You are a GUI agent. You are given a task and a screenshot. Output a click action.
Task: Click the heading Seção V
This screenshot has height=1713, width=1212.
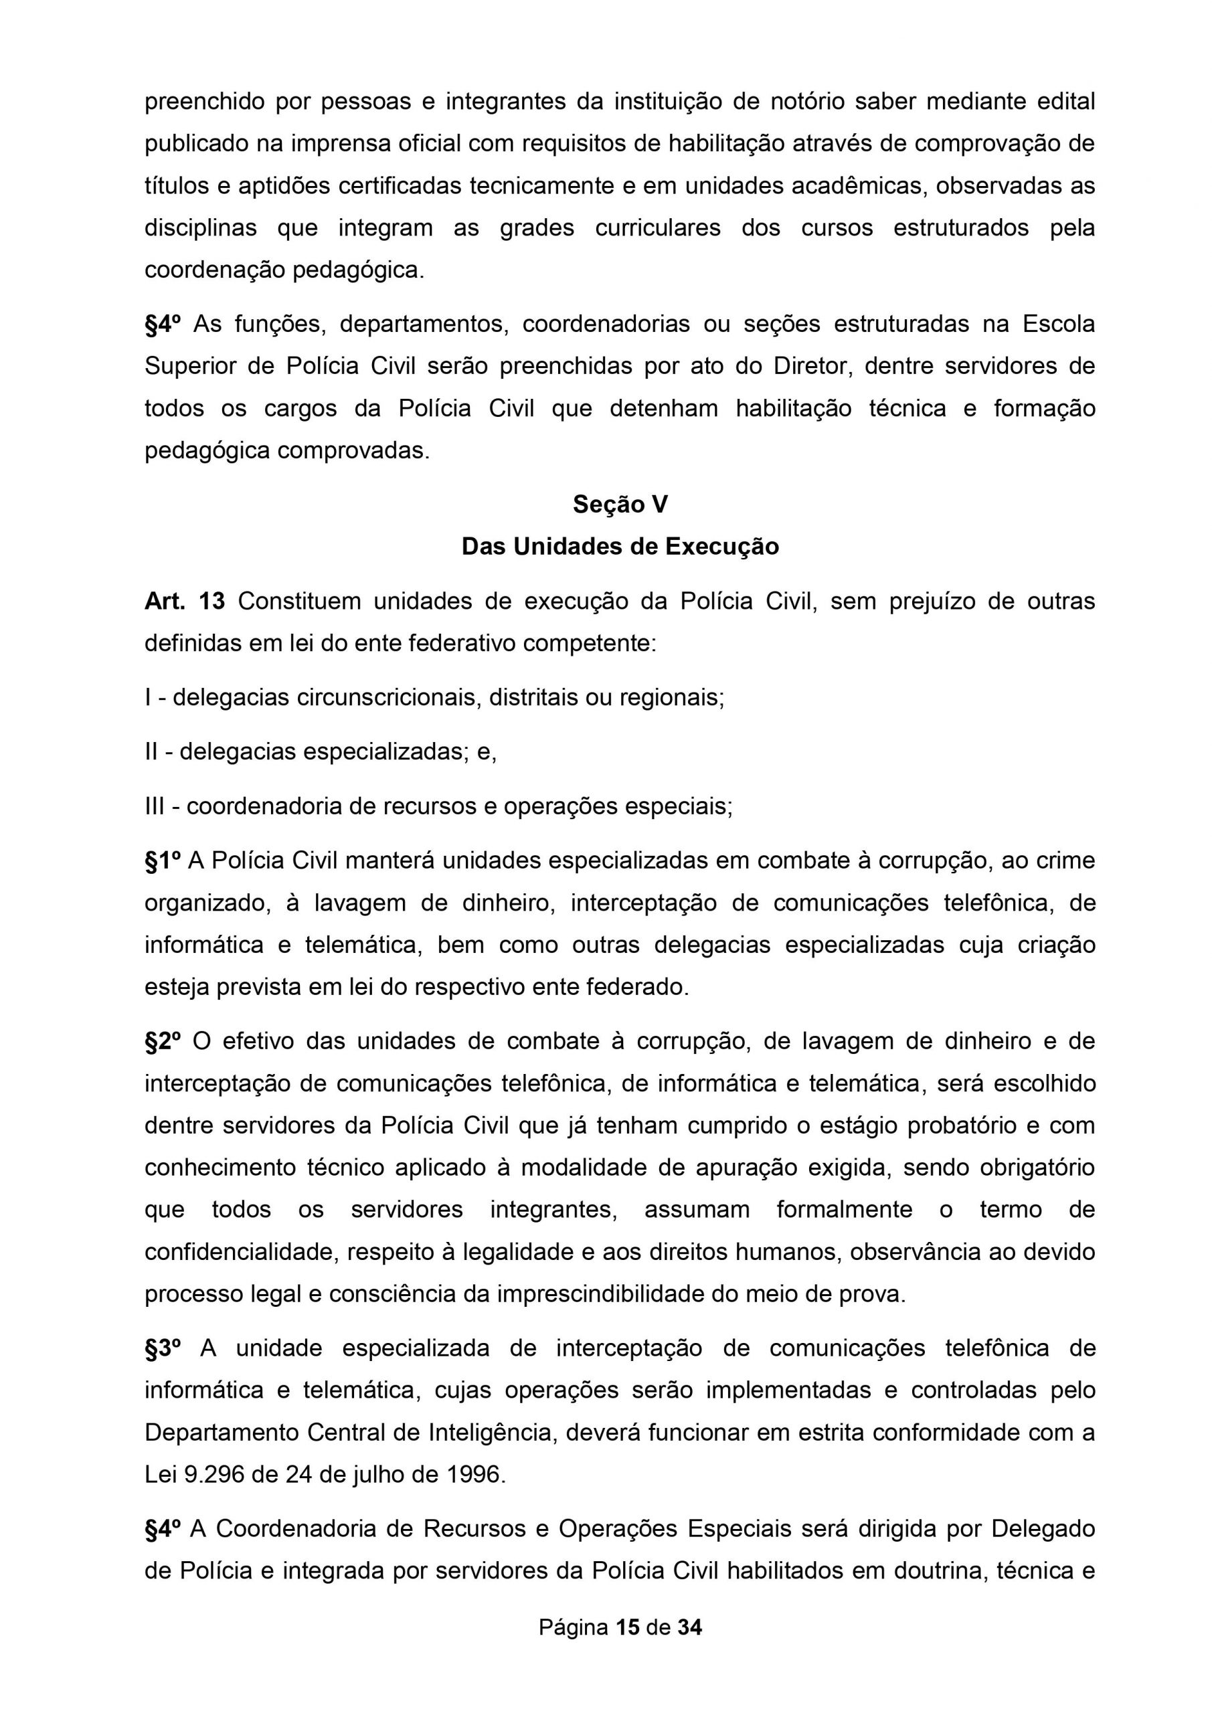(x=620, y=505)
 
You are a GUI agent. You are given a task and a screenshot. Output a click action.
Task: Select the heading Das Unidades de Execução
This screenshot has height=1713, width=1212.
(x=620, y=547)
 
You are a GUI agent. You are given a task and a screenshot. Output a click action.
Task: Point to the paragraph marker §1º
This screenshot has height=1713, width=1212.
(x=163, y=861)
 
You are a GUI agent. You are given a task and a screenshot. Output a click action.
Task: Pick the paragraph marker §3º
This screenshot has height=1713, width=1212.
(x=163, y=1348)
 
